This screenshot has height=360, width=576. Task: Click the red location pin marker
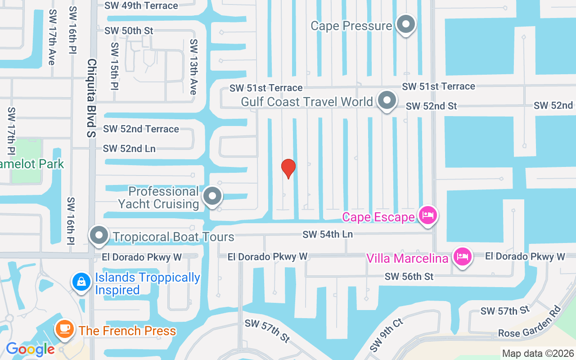pos(288,168)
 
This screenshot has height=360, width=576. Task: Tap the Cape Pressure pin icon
pos(406,25)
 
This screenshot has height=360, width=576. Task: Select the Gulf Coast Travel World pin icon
pos(387,101)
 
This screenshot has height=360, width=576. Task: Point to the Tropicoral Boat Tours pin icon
pos(99,235)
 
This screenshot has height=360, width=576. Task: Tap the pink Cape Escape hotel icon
pos(427,216)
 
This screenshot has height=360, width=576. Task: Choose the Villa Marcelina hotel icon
pos(462,257)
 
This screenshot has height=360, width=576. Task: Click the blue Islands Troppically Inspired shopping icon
pos(81,282)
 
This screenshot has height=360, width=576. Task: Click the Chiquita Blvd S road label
pos(92,98)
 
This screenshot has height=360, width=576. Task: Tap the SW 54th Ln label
pos(328,234)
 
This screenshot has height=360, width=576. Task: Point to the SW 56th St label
pos(409,276)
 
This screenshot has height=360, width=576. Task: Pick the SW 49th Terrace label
pos(141,6)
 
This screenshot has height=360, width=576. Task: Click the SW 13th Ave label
pos(193,67)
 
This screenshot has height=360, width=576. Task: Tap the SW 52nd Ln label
pos(129,148)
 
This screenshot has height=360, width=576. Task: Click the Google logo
pos(30,349)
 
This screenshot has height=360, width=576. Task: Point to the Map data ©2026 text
pos(538,354)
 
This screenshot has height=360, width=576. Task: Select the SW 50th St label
pos(129,31)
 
